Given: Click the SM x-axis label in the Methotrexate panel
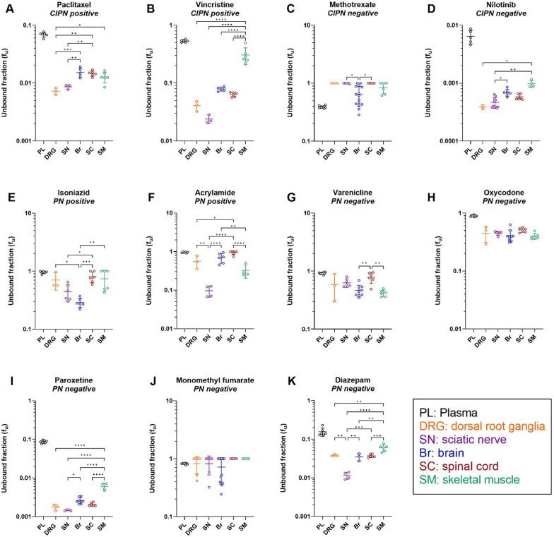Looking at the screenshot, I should [384, 152].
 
